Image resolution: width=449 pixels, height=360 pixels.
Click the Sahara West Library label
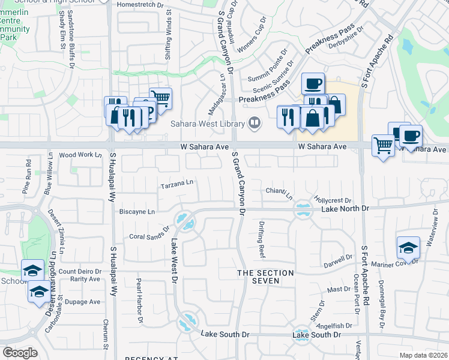point(207,124)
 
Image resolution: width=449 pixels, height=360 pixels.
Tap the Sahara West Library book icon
point(255,124)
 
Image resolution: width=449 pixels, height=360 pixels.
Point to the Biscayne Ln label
point(137,212)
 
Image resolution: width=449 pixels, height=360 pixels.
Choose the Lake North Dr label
point(344,208)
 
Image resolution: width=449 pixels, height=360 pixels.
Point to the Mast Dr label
point(339,289)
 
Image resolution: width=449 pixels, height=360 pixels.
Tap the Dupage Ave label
point(82,302)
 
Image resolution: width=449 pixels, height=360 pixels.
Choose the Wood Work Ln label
point(80,155)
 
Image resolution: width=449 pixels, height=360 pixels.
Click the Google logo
point(20,352)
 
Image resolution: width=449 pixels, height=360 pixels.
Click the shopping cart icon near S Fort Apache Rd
point(383,144)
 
